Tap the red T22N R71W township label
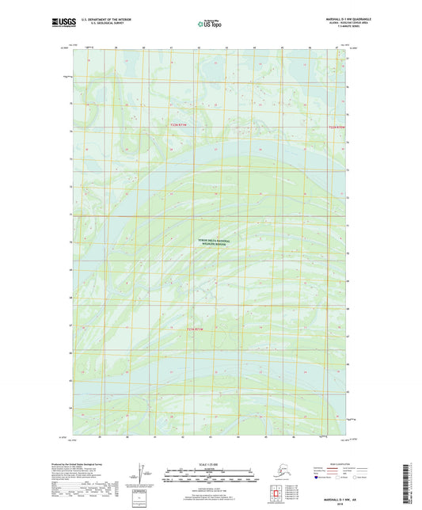point(181,124)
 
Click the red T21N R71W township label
point(200,328)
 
